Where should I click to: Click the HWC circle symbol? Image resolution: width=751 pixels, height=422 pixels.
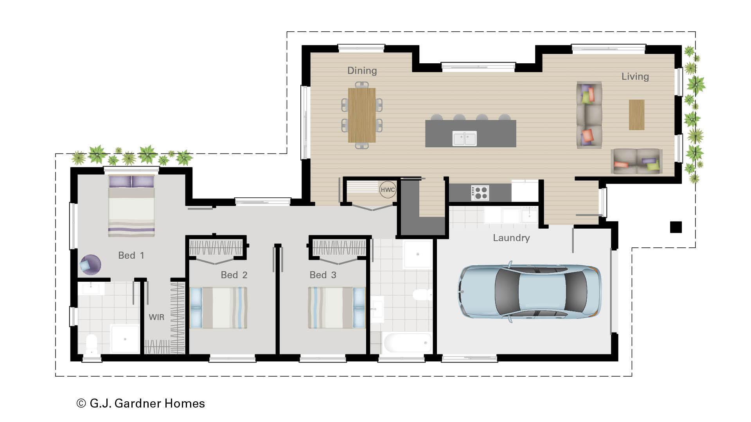[x=388, y=190]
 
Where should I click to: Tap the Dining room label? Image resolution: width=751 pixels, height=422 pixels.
[x=362, y=71]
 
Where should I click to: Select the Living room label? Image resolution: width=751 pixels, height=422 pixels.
[x=635, y=77]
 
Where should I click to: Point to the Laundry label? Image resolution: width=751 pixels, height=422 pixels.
[x=511, y=238]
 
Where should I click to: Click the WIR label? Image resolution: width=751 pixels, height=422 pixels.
[x=156, y=317]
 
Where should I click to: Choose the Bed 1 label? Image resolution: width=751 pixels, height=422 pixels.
[x=131, y=256]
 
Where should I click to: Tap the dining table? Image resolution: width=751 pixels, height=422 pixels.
[x=361, y=115]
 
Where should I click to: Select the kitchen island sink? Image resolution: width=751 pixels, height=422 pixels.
[x=464, y=138]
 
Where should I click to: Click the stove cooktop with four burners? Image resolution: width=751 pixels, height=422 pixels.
[x=480, y=192]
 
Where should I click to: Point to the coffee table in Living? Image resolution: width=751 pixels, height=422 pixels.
[x=636, y=114]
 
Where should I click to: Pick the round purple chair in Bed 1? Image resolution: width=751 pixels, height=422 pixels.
[x=90, y=264]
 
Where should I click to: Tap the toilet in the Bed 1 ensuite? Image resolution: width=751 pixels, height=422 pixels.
[x=92, y=344]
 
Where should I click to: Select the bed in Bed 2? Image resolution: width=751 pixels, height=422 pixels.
[x=218, y=308]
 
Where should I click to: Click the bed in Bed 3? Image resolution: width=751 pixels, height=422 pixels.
[x=337, y=308]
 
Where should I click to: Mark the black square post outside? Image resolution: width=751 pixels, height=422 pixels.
[x=676, y=227]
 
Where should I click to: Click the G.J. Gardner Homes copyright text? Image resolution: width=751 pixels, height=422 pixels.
[x=141, y=403]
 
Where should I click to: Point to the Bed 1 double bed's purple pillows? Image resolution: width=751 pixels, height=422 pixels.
[x=131, y=182]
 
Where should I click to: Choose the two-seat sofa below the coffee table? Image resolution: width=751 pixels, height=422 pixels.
[x=636, y=161]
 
